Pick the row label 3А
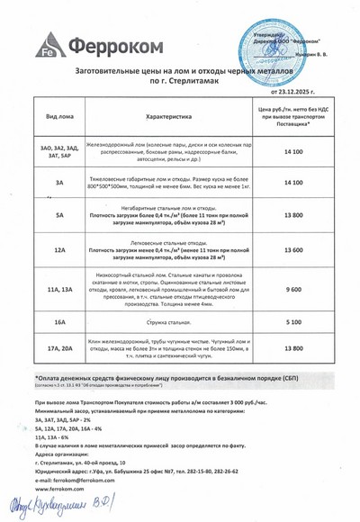tap(58, 183)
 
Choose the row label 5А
tap(58, 216)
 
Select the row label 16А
tap(58, 320)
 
